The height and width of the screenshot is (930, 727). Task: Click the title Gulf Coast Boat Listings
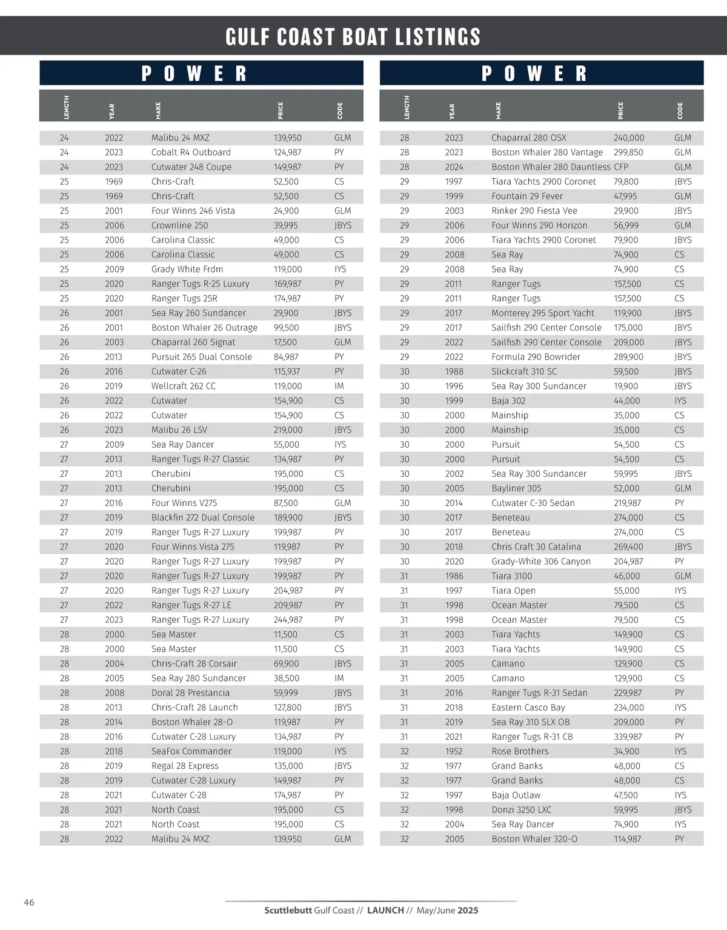[x=353, y=37]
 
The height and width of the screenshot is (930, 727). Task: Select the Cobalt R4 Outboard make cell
[x=191, y=153]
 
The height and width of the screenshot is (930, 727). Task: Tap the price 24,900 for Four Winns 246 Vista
[x=286, y=211]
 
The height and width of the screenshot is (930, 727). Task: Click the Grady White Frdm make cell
[x=187, y=270]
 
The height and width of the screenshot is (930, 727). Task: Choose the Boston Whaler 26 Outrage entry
[x=204, y=328]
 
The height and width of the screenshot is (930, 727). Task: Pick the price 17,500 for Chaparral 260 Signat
[x=285, y=342]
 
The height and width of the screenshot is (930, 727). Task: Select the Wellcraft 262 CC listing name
[x=184, y=386]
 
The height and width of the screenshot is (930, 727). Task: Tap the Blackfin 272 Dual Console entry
[x=203, y=517]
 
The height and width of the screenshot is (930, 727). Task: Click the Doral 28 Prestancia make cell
[x=190, y=693]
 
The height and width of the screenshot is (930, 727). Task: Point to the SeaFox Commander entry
[x=191, y=751]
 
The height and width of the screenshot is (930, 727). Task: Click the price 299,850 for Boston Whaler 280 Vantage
[x=628, y=153]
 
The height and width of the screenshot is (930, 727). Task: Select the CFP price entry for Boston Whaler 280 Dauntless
[x=621, y=167]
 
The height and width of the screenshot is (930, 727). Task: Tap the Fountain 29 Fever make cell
[x=527, y=196]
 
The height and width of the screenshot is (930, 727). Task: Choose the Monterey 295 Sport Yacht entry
[x=543, y=313]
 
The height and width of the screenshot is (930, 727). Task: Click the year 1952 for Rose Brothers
[x=453, y=751]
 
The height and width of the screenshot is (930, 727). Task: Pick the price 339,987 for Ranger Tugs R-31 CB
[x=628, y=737]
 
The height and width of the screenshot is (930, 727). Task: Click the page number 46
[x=29, y=903]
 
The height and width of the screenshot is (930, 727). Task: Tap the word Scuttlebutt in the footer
[x=288, y=911]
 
